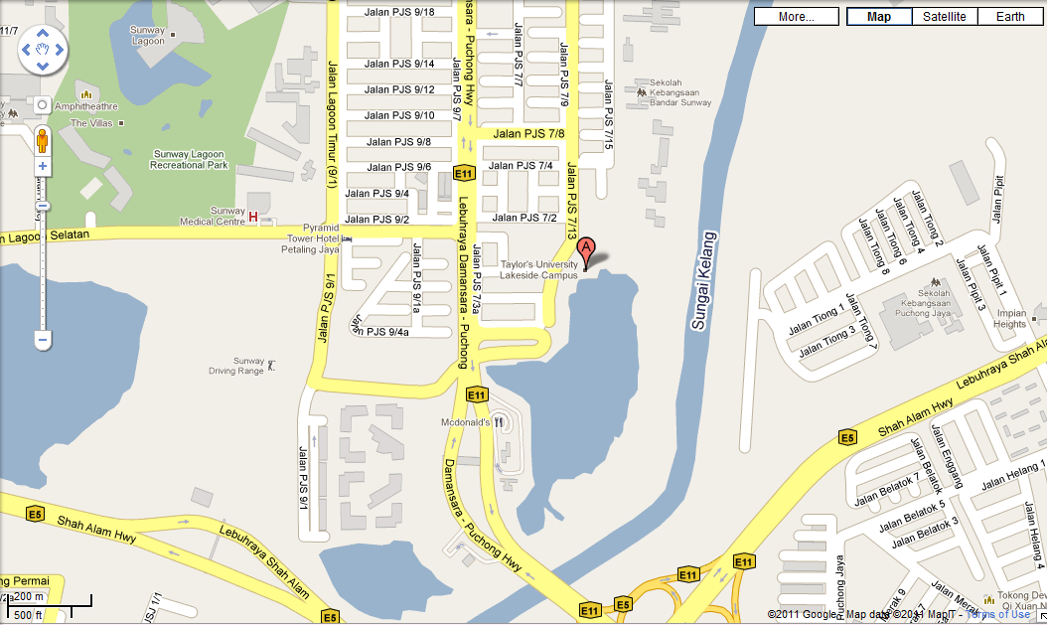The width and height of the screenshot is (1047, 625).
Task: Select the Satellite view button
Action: point(944,17)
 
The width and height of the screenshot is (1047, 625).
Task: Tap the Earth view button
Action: point(1010,17)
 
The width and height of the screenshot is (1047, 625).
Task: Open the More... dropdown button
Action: point(797,17)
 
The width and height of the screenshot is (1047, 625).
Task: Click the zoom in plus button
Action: point(43,166)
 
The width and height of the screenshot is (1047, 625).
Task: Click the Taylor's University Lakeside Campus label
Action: point(538,270)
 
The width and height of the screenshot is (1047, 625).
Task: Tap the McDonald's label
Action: point(465,422)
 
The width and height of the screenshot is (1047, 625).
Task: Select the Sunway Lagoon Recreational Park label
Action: point(191,159)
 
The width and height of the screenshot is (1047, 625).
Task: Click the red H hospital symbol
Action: point(253,217)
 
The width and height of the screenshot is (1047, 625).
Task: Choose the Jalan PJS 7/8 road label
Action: point(528,133)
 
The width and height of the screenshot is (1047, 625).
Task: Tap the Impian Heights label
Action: point(1010,318)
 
